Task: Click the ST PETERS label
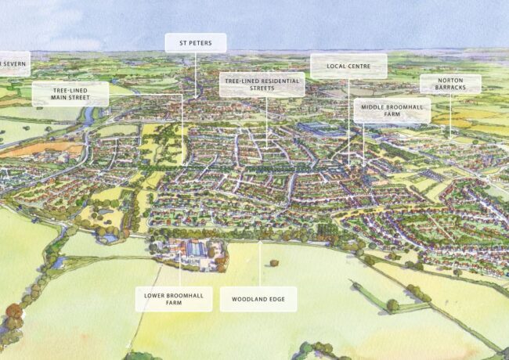point(195,43)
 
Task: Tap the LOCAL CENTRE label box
point(348,66)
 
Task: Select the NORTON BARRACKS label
point(450,84)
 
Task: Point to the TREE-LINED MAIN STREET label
point(70,94)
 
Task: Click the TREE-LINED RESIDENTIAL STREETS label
point(262,85)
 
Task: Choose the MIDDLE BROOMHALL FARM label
point(392,110)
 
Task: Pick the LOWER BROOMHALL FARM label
point(173,299)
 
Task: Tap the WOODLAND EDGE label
point(258,299)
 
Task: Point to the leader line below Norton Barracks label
point(450,113)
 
